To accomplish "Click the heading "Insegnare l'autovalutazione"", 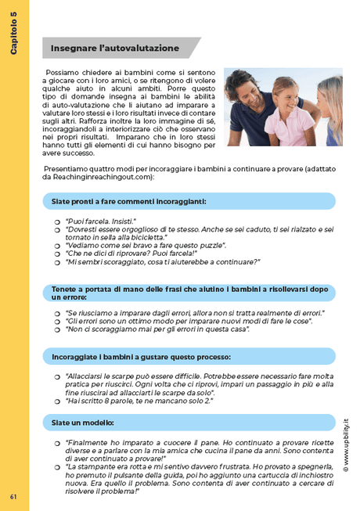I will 114,49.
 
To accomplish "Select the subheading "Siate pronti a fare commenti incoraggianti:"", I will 128,201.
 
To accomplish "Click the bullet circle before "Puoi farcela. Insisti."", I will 58,222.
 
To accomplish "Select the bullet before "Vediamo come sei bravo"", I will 58,246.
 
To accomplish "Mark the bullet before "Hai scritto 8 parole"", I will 58,401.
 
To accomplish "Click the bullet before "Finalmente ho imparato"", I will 58,444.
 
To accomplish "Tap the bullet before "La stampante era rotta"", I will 58,467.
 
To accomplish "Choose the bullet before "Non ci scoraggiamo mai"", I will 58,330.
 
